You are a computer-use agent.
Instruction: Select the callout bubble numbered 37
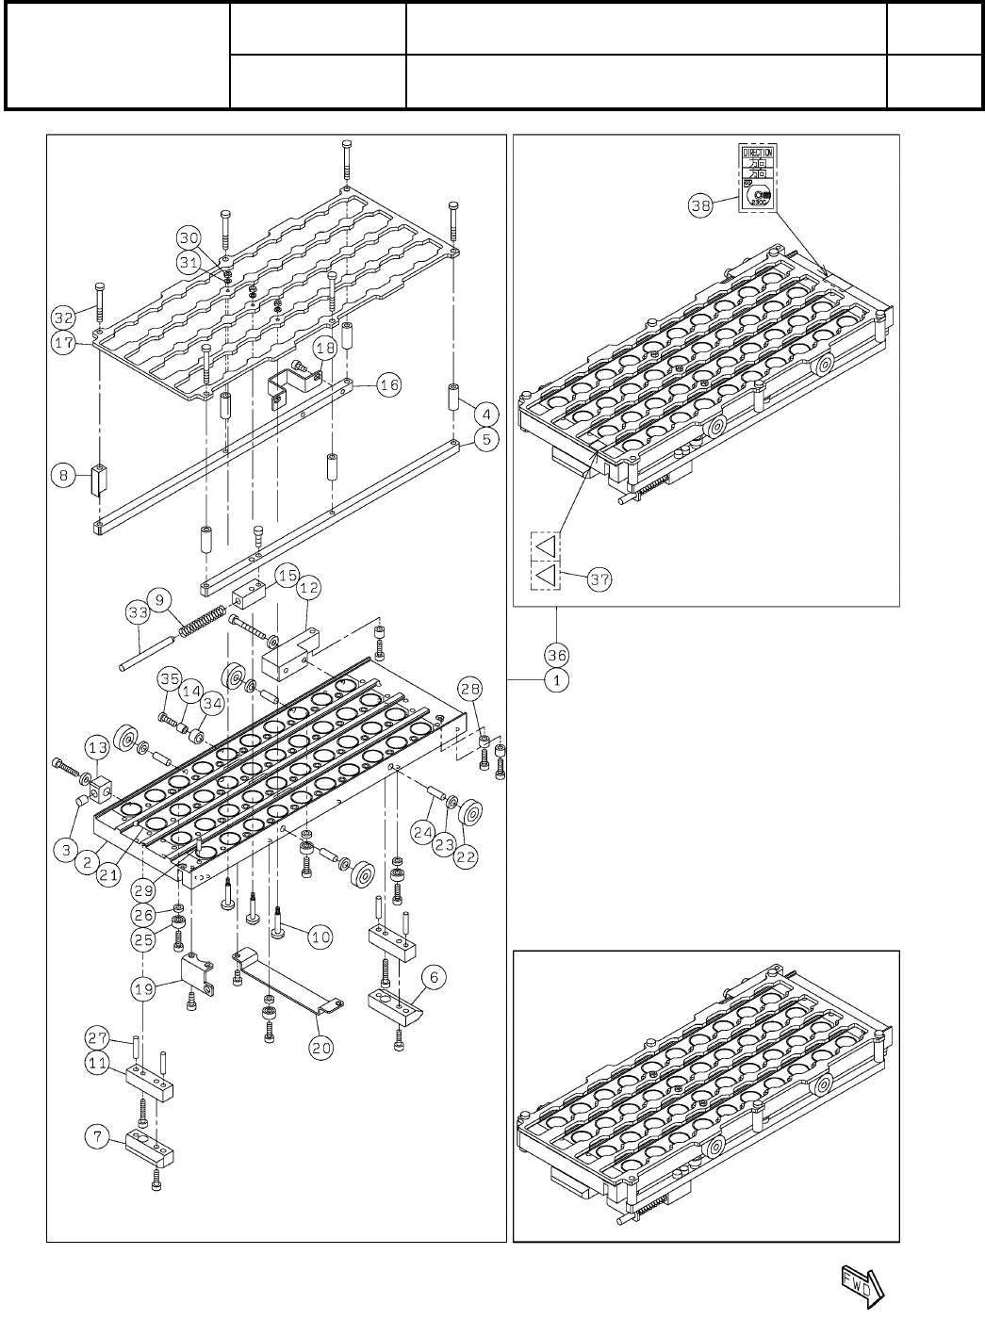pos(599,579)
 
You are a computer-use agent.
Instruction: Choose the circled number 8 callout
pos(64,477)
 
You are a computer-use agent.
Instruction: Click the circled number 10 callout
pos(320,937)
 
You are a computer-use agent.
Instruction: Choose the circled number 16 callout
pos(388,384)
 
